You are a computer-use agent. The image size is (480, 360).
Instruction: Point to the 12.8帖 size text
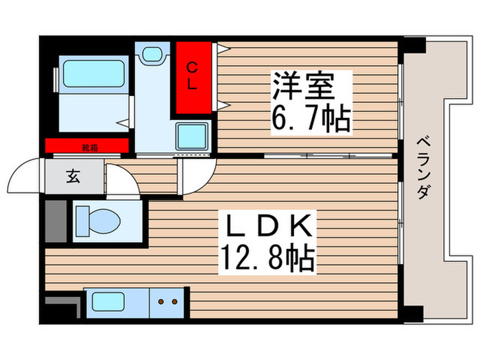(x=267, y=259)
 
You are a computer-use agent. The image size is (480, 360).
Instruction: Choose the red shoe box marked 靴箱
(x=87, y=146)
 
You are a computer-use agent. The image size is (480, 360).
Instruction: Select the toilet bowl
(x=98, y=221)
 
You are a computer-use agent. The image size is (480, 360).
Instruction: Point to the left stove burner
(x=161, y=300)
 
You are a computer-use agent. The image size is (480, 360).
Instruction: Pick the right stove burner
(x=175, y=300)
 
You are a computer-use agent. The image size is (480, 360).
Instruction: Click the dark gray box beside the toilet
(x=56, y=221)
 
